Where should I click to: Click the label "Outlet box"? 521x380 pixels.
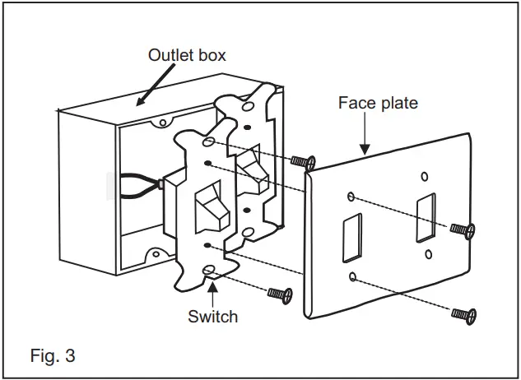[x=186, y=56]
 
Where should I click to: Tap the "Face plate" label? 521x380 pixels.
[x=378, y=103]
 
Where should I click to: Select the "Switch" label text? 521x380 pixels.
[x=213, y=316]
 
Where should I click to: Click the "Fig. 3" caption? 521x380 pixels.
[x=53, y=357]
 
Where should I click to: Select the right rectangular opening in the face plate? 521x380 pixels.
[x=426, y=219]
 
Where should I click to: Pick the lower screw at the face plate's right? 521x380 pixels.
[x=463, y=313]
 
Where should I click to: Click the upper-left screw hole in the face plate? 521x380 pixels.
[x=351, y=197]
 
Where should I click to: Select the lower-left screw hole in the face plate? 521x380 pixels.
[x=352, y=276]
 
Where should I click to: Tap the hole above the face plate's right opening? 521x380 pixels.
[x=424, y=176]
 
